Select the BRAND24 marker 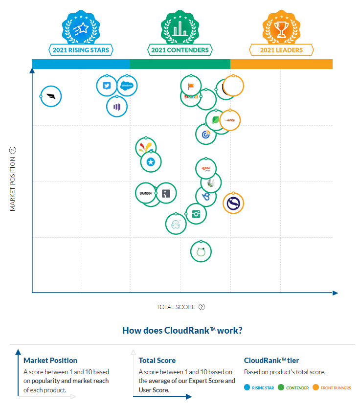146,194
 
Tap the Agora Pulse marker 206,169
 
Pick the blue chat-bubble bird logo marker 107,86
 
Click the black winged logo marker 51,96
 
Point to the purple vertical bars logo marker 117,107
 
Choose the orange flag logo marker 191,86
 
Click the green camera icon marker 196,214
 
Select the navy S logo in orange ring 233,203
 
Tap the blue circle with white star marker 151,162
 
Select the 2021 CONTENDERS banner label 180,50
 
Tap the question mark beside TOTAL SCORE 202,307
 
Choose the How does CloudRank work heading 182,330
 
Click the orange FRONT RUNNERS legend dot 315,388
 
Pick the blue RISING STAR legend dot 247,388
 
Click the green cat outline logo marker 201,252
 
